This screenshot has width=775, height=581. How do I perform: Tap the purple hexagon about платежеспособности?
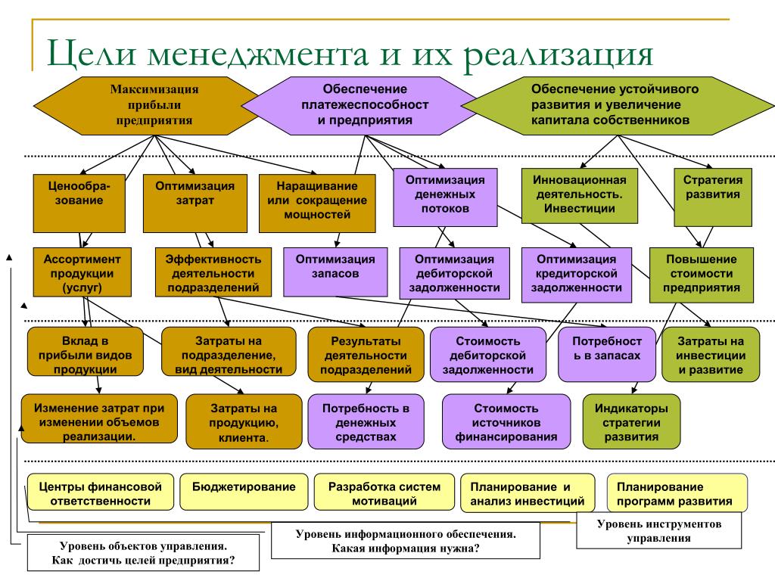(x=365, y=106)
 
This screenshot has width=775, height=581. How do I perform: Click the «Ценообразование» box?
(x=79, y=203)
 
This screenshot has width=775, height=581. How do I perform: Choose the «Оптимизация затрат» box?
(x=195, y=203)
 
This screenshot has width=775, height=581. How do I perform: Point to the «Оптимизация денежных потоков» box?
(x=445, y=197)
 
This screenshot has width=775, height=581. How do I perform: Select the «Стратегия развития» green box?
(x=713, y=197)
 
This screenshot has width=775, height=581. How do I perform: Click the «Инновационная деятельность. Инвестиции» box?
(x=579, y=196)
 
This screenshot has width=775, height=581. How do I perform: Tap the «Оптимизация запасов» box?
(x=335, y=272)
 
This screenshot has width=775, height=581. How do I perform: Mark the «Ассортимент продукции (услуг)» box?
(x=82, y=272)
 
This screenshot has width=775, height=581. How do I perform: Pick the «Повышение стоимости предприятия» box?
(x=702, y=275)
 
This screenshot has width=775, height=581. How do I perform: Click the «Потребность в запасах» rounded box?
(x=607, y=354)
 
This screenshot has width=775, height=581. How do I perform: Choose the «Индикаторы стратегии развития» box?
(x=631, y=421)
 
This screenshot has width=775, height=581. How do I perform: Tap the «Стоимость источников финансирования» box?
(x=506, y=421)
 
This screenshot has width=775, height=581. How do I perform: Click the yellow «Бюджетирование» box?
(x=244, y=492)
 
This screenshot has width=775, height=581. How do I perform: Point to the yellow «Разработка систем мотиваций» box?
(x=384, y=492)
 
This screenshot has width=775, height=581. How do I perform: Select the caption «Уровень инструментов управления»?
(x=659, y=530)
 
